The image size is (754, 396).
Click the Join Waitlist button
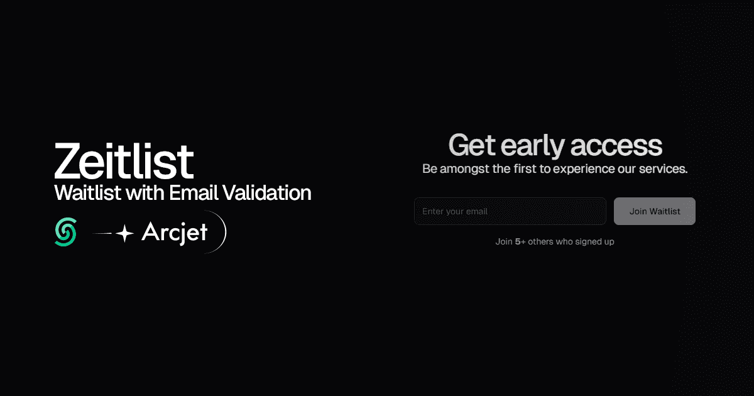click(654, 211)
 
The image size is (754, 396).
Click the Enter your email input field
click(510, 211)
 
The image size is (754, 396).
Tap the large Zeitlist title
click(124, 161)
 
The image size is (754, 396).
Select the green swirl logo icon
click(65, 233)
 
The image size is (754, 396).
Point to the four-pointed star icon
click(125, 234)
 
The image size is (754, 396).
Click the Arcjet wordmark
click(174, 233)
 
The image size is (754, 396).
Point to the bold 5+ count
click(520, 241)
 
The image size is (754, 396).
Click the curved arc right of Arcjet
click(221, 233)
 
